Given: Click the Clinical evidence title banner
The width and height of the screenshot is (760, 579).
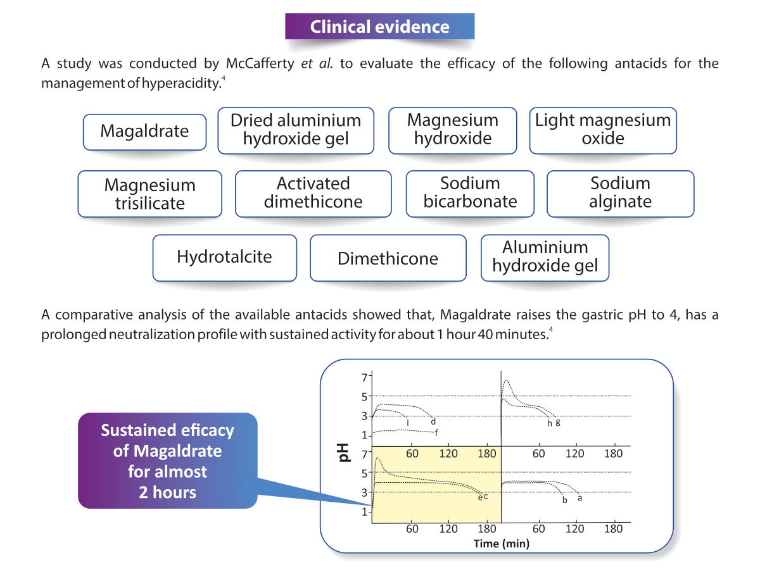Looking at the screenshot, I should coord(379,27).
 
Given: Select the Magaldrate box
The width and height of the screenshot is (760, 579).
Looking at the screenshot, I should coord(144,132).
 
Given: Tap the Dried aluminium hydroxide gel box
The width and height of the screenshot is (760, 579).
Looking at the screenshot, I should coord(296,130).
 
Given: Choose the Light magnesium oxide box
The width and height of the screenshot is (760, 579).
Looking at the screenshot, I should coord(603,130).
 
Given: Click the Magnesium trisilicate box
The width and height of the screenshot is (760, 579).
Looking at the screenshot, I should coord(149,194).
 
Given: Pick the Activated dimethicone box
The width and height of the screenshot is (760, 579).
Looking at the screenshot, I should coord(313,193).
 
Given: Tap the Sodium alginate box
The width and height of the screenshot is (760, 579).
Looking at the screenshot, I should coord(620,193).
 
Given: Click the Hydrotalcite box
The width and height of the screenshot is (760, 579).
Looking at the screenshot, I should coord(224,257).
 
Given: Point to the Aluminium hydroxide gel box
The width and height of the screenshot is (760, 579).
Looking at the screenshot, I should coord(545,257).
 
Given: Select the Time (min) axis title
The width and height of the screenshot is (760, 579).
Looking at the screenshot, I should coord(502,544).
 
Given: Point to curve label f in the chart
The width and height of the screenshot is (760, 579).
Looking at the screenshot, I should coord(436,432).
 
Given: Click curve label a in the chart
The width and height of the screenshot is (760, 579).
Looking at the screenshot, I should coord(579,498).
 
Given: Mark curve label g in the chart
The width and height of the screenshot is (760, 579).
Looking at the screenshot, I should coord(557,422).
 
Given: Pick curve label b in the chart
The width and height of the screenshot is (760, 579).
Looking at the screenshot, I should coord(564,501).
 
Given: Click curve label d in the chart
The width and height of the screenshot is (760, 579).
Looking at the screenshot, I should coord(433,421).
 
